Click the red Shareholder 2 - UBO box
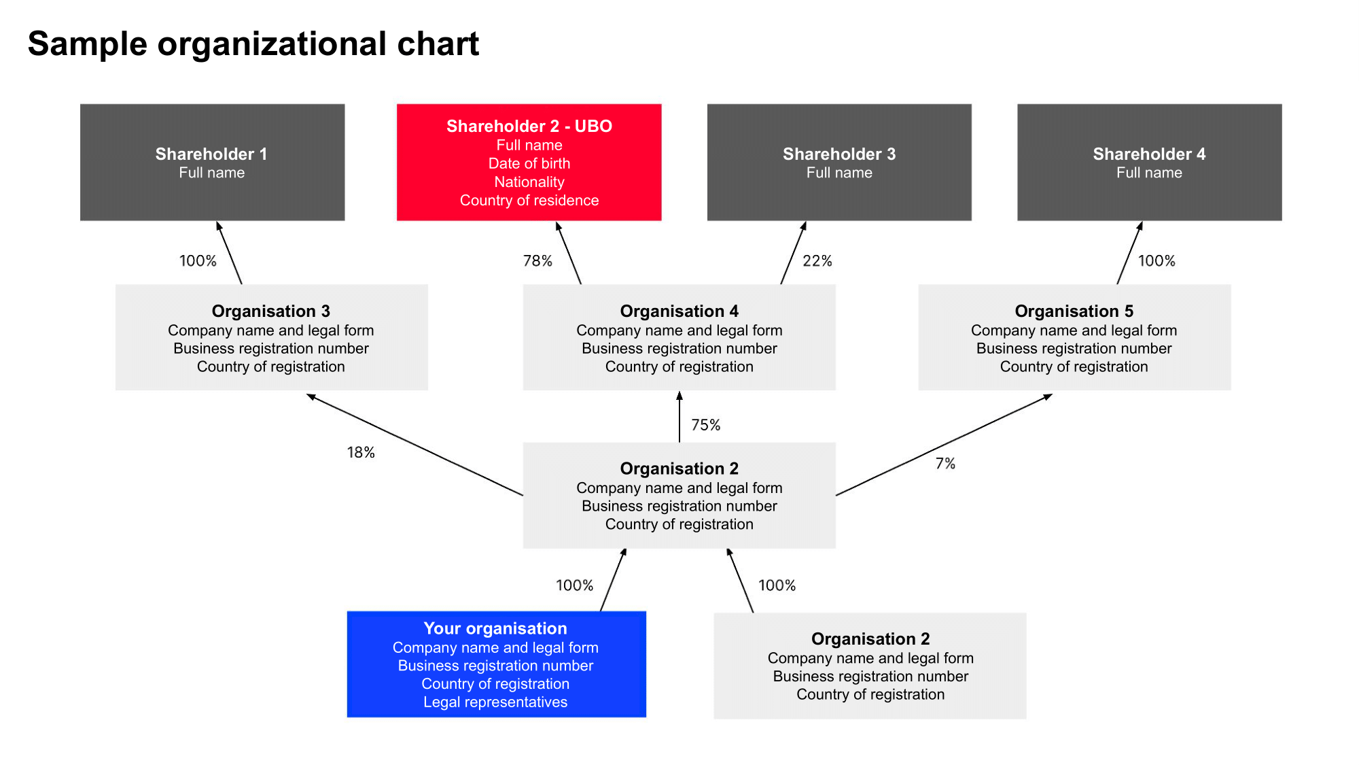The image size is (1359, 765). pos(529,163)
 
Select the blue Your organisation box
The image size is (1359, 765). pos(496,664)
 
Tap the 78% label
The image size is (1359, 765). pos(537,261)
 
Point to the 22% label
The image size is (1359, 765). pos(817,261)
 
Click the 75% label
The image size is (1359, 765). pos(705,425)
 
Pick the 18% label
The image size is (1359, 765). pos(361,453)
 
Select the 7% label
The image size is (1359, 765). pos(945,464)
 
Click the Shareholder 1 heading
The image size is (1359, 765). pos(211,154)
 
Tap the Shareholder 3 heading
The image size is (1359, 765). pos(839,154)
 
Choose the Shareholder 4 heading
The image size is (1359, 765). pos(1149,154)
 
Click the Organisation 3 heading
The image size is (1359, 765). pos(270,311)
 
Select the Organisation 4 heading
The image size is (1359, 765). pos(679,311)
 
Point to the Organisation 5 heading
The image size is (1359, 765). pos(1074,311)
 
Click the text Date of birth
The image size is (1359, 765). pos(529,164)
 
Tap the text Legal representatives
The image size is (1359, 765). pos(495,702)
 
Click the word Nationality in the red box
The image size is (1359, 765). pos(529,182)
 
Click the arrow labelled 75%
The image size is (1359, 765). pos(679,418)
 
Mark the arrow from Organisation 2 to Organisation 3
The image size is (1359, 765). pos(414,445)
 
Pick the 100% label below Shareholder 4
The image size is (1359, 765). pos(1157,261)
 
